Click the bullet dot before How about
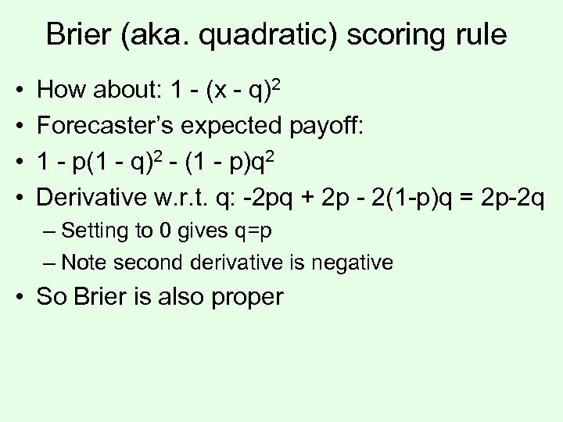tap(18, 92)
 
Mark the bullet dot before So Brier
tap(18, 298)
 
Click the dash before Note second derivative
tap(52, 263)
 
